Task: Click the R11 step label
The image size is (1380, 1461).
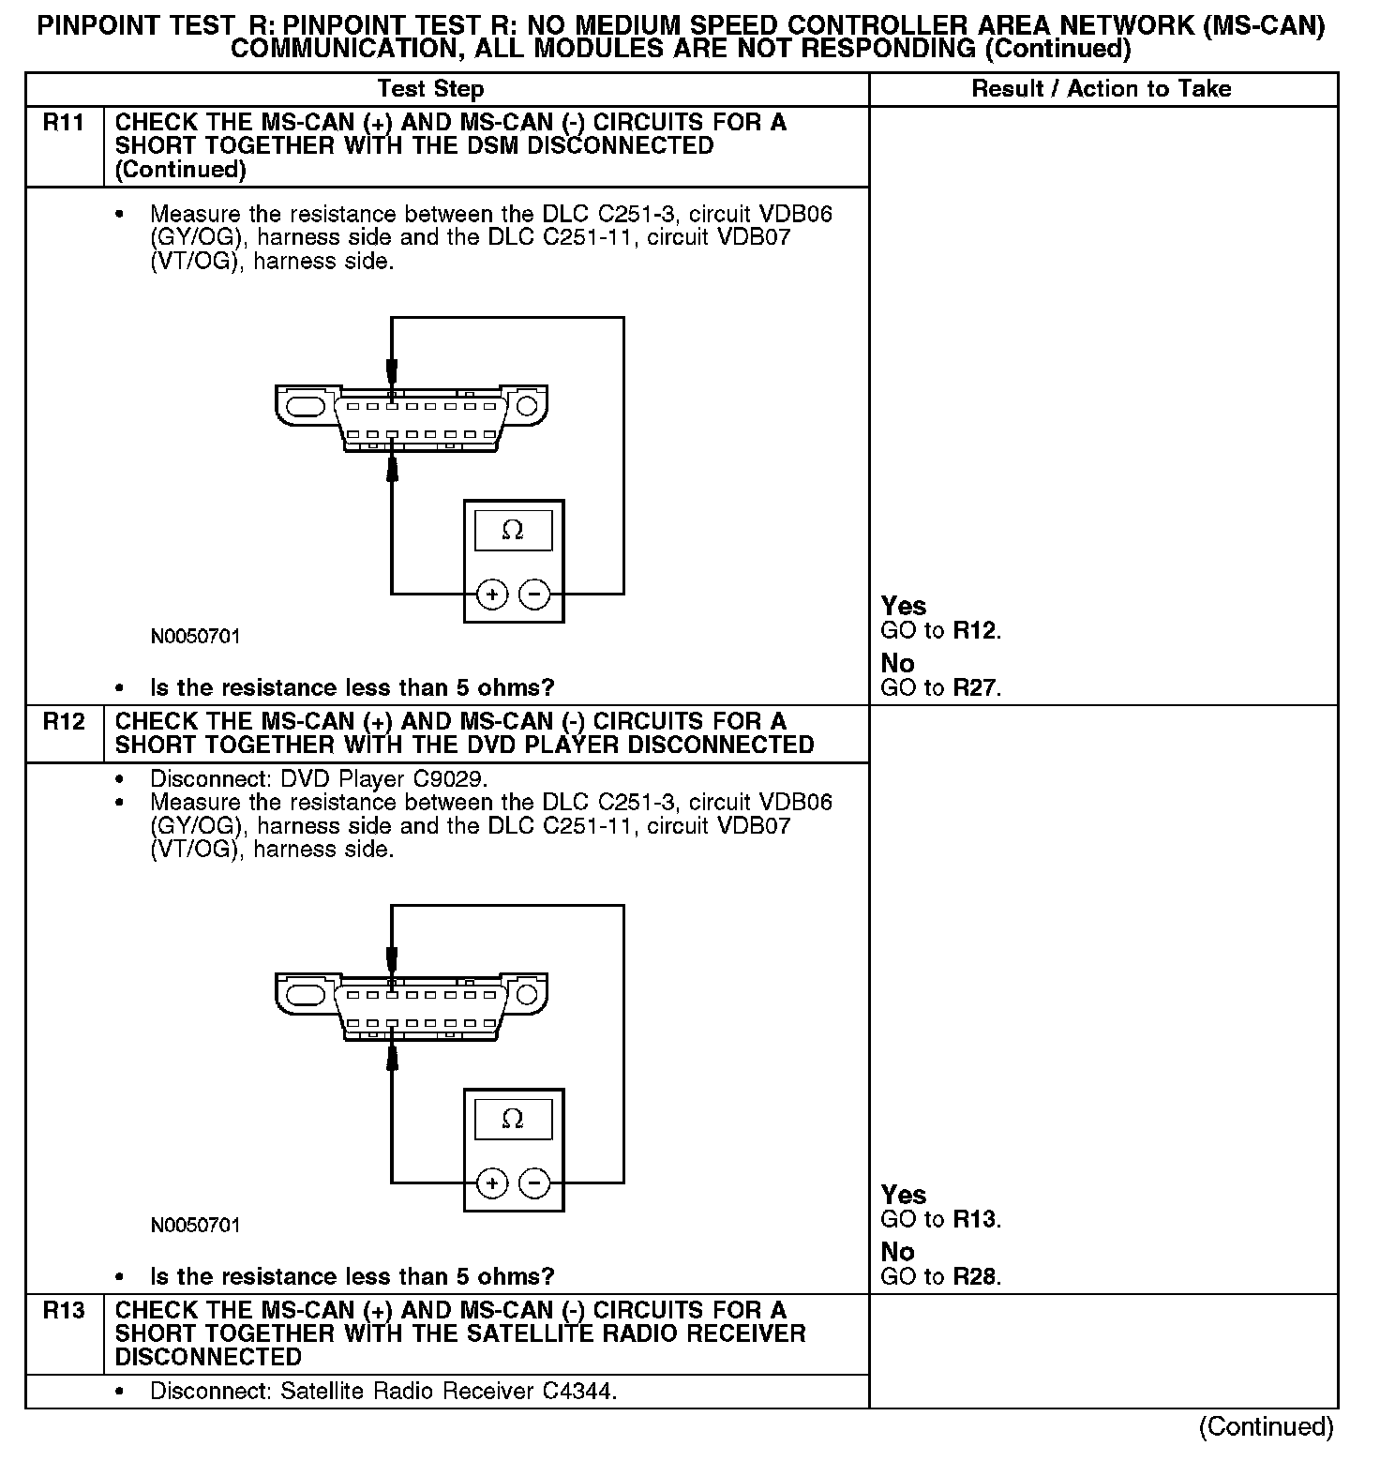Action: [63, 123]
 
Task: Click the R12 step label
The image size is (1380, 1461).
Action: [63, 721]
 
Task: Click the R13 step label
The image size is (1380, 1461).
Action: [63, 1310]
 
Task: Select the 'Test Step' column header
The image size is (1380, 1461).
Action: [430, 89]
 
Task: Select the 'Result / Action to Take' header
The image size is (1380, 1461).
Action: [1102, 89]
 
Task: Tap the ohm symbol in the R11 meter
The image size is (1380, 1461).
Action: [513, 531]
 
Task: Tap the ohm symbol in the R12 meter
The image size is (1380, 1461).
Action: [513, 1119]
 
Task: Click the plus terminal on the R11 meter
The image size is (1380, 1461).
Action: [492, 594]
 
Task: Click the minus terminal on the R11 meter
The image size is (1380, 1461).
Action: [534, 594]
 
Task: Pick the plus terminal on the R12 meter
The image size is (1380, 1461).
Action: [492, 1182]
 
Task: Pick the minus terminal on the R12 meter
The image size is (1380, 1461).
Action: [534, 1182]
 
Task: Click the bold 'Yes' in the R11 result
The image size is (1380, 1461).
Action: [904, 606]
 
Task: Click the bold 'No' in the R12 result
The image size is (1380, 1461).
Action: [897, 1251]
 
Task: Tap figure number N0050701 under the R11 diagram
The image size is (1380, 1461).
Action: [195, 637]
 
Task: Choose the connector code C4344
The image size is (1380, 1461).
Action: [577, 1391]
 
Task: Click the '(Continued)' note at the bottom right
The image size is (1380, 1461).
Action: [1266, 1426]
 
